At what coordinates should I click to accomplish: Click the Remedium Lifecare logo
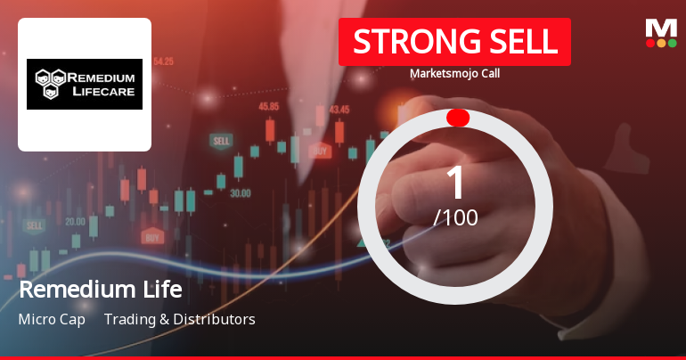pos(85,84)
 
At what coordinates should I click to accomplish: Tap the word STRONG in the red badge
pos(405,41)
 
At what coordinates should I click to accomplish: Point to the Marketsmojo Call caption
pos(454,73)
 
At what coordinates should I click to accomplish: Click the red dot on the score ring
pos(457,118)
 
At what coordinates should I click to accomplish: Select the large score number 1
pos(455,183)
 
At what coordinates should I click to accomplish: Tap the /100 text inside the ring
pos(455,217)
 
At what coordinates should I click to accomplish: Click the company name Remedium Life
pos(100,290)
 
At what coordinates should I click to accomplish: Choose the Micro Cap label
pos(52,319)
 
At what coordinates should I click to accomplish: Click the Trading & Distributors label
pos(180,319)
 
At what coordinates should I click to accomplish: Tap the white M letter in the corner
pos(661,28)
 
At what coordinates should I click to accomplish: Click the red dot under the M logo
pos(649,43)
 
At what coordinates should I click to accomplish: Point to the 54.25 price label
pos(163,62)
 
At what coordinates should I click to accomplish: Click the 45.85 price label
pos(268,106)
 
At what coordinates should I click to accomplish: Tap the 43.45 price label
pos(339,110)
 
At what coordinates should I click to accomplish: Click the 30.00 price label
pos(240,192)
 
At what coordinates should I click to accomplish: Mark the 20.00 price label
pos(75,221)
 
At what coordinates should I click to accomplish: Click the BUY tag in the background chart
pos(152,237)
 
